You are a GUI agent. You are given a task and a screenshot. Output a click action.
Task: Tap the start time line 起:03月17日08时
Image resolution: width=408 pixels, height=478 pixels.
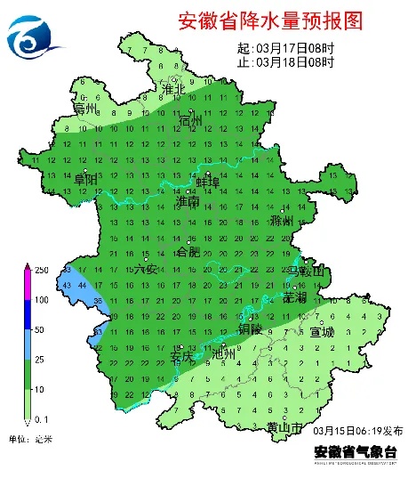click(285, 48)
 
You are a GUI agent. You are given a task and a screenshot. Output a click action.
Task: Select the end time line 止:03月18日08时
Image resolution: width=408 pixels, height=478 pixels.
click(285, 62)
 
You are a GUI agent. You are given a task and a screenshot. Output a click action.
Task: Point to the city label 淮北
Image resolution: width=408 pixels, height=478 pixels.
click(172, 89)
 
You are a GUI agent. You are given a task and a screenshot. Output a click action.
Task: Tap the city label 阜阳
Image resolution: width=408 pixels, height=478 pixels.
click(85, 179)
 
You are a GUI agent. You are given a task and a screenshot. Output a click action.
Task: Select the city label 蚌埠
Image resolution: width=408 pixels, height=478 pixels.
click(208, 182)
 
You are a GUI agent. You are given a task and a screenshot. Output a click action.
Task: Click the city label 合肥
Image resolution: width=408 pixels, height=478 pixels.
click(189, 253)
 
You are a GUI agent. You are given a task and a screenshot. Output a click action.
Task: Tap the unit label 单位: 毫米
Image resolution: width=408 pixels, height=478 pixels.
click(31, 438)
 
